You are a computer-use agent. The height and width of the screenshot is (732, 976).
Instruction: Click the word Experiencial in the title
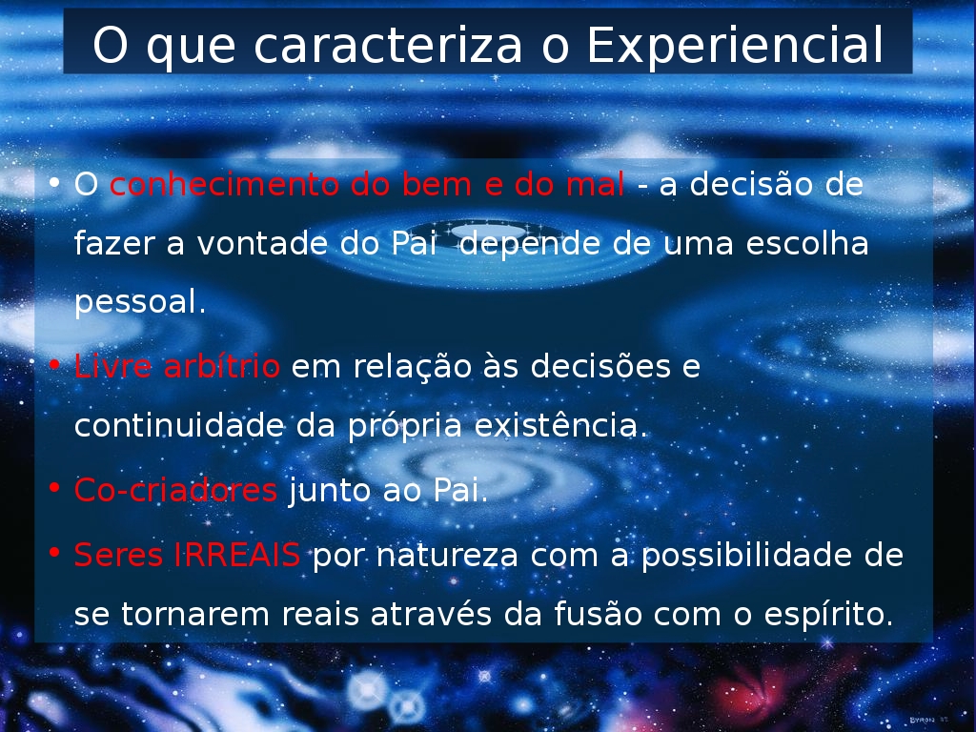point(735,46)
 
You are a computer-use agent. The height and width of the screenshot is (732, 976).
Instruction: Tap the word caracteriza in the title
point(388,46)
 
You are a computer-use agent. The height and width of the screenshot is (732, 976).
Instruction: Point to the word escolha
point(806,243)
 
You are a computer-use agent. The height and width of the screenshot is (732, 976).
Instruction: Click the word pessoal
point(140,303)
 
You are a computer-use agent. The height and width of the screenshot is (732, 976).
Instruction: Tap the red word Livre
point(112,366)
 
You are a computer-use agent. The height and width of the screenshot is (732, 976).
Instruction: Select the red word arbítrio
point(221,366)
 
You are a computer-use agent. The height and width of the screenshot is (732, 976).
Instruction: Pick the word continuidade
point(179,426)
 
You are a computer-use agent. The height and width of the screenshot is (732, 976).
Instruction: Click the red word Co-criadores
point(175,491)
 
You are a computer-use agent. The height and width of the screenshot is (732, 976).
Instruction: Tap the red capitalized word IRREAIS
point(237,555)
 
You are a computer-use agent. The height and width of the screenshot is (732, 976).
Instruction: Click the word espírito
point(828,615)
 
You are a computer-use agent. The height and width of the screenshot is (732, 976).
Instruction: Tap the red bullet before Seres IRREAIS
point(54,552)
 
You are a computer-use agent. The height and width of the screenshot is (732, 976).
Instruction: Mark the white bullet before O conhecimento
point(54,182)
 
